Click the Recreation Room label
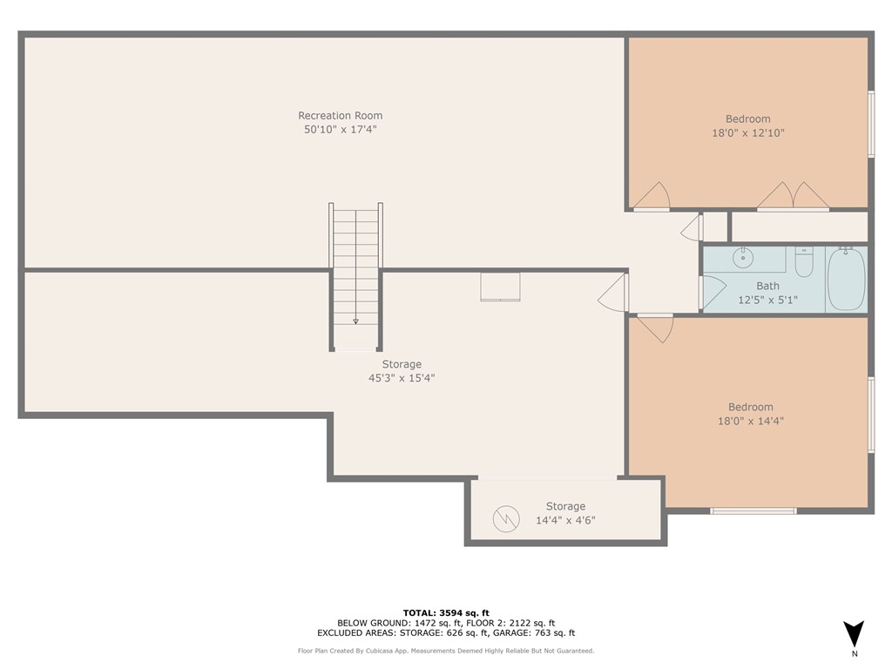click(x=341, y=116)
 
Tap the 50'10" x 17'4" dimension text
click(x=341, y=129)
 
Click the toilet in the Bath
click(x=804, y=261)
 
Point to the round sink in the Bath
click(x=743, y=258)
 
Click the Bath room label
click(x=768, y=286)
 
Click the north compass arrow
click(x=854, y=634)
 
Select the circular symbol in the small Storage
click(x=506, y=519)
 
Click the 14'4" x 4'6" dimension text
click(x=565, y=520)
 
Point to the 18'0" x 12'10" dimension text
click(x=748, y=132)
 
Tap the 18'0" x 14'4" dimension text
click(x=750, y=421)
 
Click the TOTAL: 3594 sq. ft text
click(x=446, y=612)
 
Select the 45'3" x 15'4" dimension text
click(x=402, y=378)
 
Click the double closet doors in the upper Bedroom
click(x=793, y=196)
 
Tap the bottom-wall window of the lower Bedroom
click(x=753, y=510)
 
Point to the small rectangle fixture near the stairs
click(x=500, y=287)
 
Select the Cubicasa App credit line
click(x=446, y=651)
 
